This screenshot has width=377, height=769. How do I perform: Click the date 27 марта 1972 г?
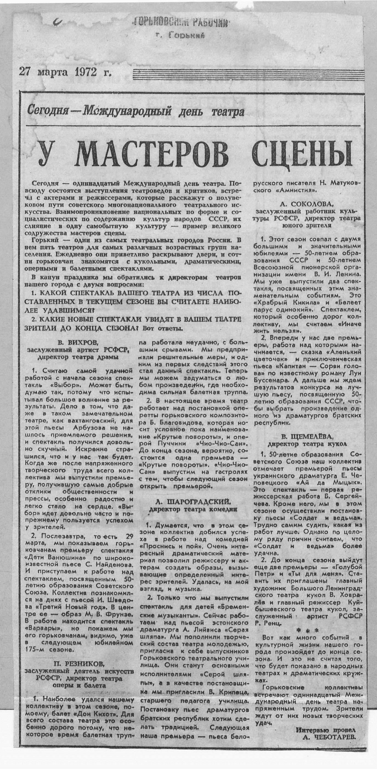(x=65, y=72)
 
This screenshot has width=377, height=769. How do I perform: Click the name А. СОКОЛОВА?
(x=306, y=204)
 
